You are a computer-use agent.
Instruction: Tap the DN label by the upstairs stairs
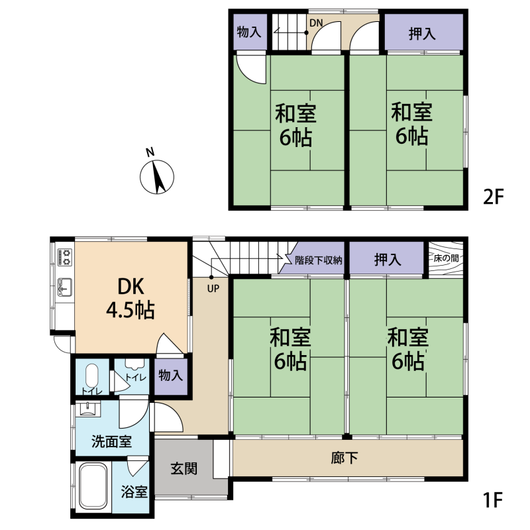pos(316,23)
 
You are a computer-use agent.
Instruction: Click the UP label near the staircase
pos(213,288)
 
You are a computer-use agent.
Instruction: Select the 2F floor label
pos(493,196)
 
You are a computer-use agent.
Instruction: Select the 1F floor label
pos(493,500)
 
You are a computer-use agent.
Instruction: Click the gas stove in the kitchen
pos(65,256)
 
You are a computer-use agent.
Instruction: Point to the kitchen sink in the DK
pos(64,287)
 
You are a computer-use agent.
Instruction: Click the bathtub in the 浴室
pos(93,486)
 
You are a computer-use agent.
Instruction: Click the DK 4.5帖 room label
pos(131,298)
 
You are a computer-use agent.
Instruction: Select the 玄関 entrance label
pos(184,469)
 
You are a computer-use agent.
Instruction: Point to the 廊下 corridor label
pos(344,458)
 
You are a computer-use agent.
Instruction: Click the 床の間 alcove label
pos(446,258)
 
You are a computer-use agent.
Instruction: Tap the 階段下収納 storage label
pos(319,260)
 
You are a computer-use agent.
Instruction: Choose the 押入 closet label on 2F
pos(422,34)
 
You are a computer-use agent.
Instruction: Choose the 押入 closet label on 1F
pos(388,260)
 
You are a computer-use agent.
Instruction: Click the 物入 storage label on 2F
pos(249,32)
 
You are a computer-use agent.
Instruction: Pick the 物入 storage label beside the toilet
pos(171,375)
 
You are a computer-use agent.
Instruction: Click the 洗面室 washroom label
pos(111,441)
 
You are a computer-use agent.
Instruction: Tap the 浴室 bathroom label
pos(134,492)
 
